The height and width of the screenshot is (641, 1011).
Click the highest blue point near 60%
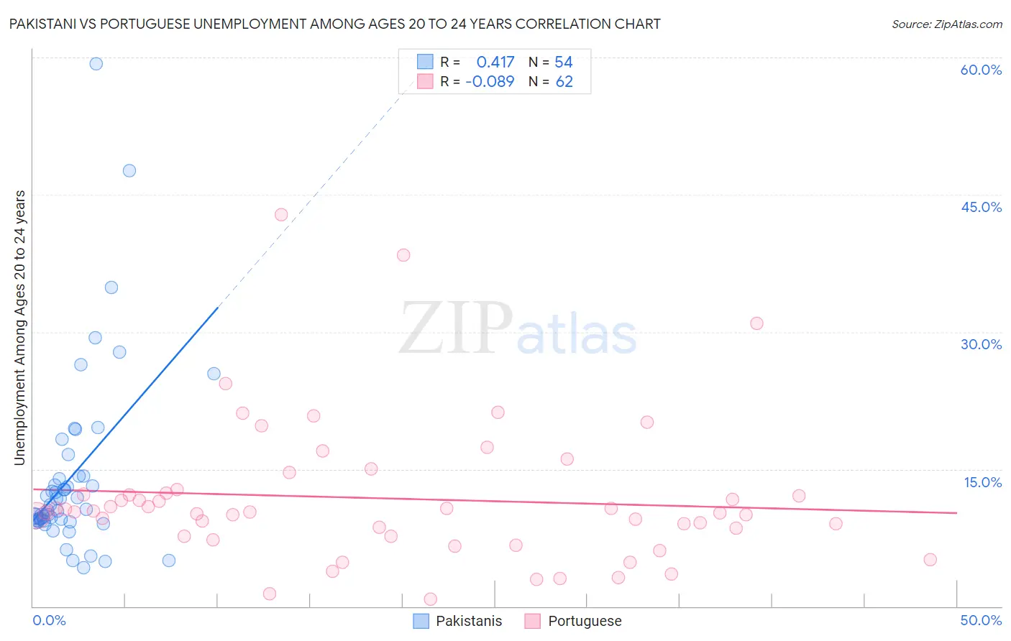96,63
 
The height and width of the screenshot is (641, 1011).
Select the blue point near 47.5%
129,170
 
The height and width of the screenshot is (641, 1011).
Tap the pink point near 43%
281,214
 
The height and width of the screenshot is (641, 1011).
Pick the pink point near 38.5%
403,255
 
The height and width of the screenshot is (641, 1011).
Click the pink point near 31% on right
756,323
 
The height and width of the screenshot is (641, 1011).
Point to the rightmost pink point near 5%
930,560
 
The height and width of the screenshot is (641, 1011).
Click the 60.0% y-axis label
981,70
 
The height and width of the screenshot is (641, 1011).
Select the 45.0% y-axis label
981,207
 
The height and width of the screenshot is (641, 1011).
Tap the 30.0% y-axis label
981,344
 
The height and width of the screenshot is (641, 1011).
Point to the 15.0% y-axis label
982,482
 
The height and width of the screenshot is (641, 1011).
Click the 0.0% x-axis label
49,620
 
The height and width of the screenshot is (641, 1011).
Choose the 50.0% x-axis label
981,620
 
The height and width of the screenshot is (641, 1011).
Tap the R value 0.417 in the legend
495,63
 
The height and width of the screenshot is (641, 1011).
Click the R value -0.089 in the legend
490,81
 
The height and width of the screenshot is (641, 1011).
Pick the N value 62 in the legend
564,81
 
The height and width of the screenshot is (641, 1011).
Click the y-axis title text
19,328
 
